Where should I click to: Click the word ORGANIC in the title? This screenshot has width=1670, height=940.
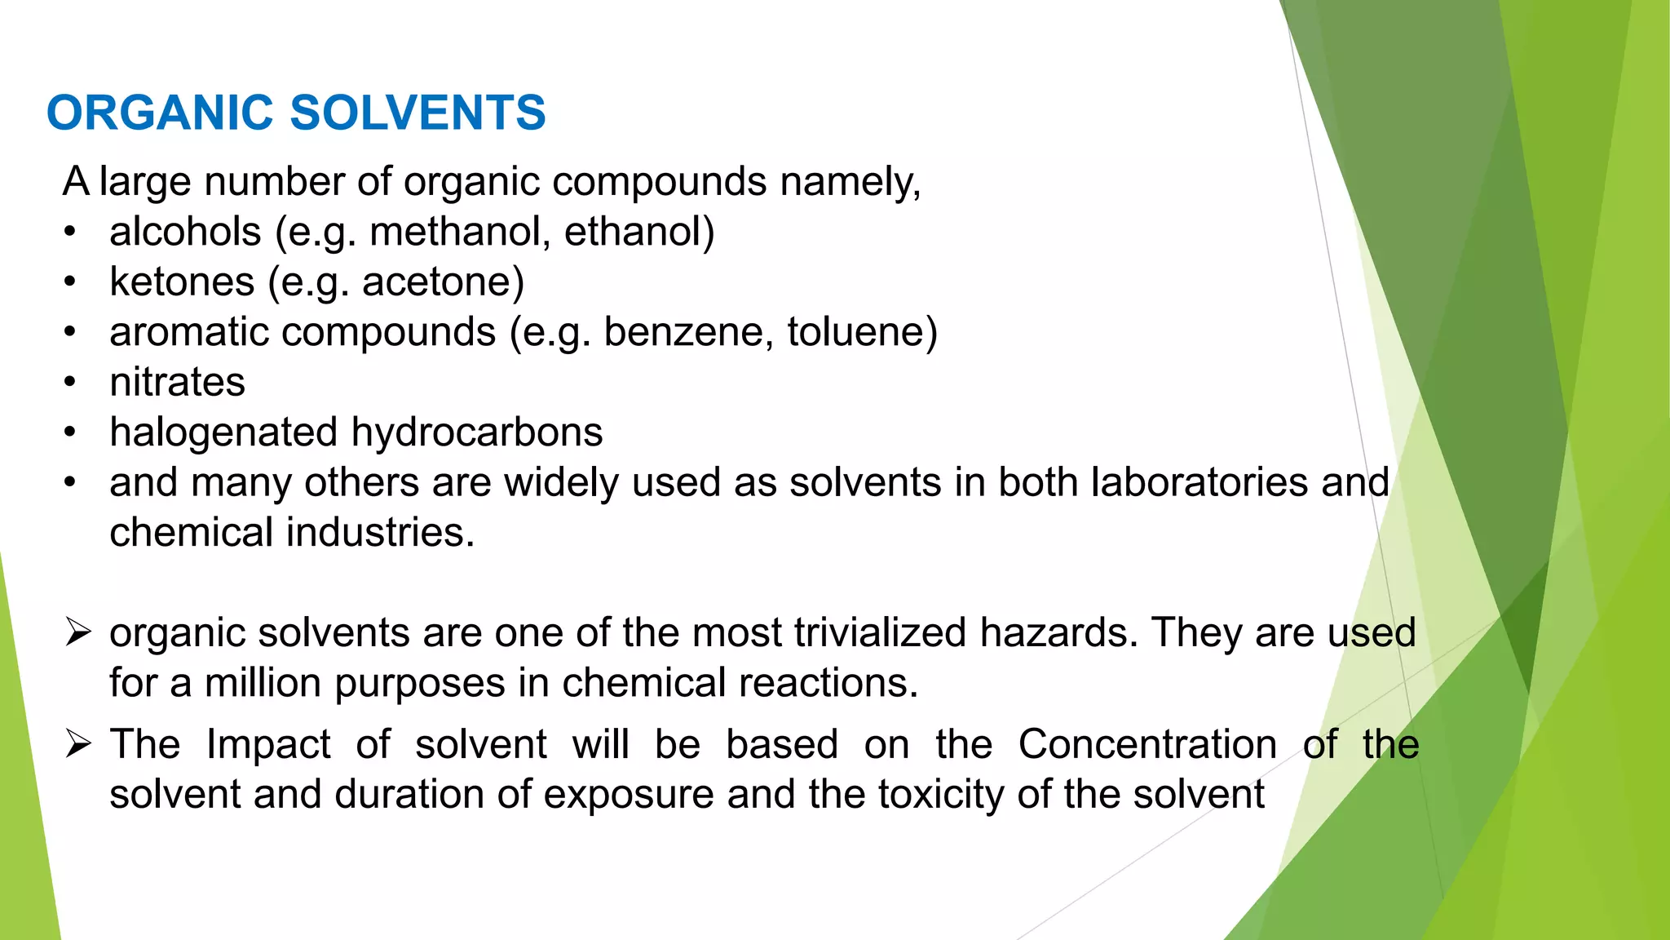tap(160, 113)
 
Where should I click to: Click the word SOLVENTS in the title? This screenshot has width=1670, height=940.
tap(417, 113)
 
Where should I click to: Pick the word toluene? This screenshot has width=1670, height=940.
tap(858, 332)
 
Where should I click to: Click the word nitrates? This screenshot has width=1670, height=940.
tap(177, 383)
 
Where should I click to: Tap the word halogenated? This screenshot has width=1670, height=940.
tap(223, 433)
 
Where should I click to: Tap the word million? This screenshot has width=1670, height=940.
tap(263, 683)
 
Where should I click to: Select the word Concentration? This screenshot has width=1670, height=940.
tap(1147, 744)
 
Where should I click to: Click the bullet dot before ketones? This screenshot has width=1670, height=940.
tap(71, 282)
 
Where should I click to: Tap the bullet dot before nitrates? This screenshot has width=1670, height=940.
tap(71, 383)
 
